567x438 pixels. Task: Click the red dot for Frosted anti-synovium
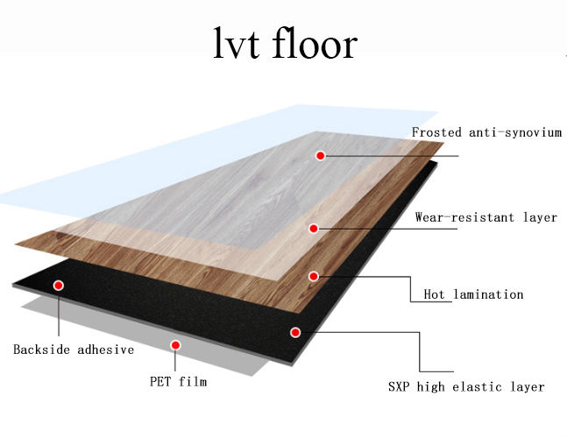point(321,155)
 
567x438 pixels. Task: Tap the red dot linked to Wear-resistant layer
point(314,229)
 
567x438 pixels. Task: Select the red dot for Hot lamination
point(314,276)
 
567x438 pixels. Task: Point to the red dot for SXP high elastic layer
point(295,333)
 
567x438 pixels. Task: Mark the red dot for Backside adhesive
point(59,286)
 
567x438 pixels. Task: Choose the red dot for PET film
point(176,345)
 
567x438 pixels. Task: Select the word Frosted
point(438,133)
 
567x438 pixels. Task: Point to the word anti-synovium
point(515,133)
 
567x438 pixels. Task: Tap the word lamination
point(488,294)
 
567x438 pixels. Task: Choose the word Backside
point(42,350)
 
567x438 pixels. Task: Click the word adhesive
point(105,350)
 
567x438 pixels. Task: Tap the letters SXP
point(400,386)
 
